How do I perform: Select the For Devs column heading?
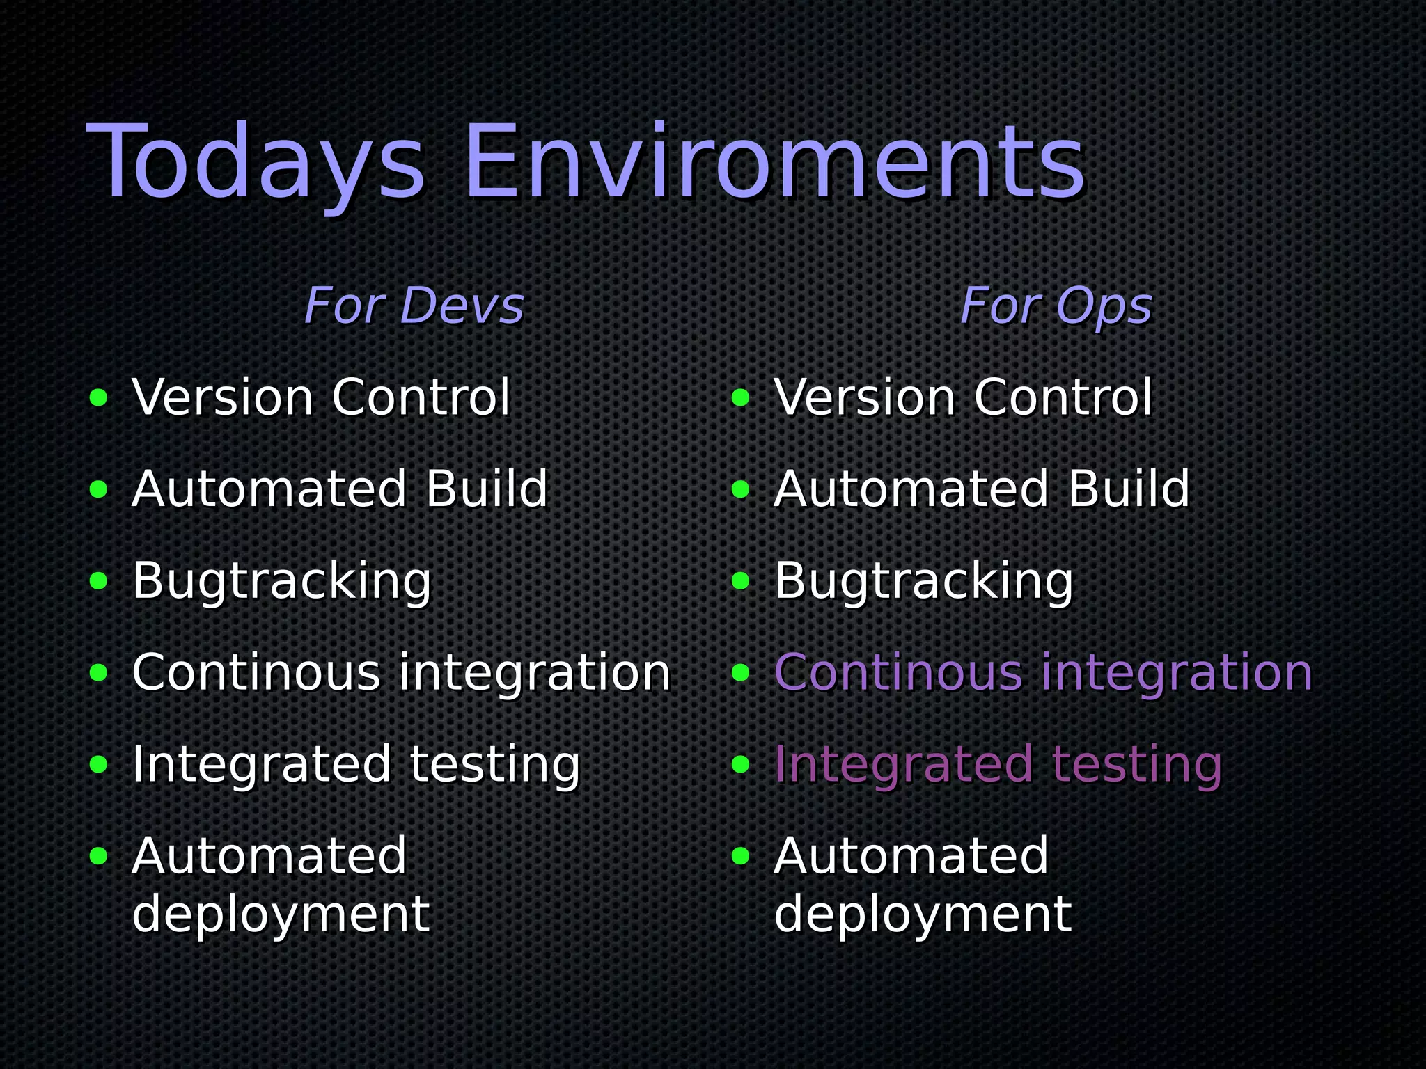[x=414, y=306]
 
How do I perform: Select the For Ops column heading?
[x=1056, y=306]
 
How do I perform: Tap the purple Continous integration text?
[x=1042, y=672]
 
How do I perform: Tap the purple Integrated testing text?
[x=998, y=764]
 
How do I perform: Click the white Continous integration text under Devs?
[x=401, y=672]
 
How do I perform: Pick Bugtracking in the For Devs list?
[x=282, y=580]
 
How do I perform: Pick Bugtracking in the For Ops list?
[x=924, y=580]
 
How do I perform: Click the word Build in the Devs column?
[x=487, y=489]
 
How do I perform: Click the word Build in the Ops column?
[x=1129, y=489]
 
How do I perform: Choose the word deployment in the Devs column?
[x=281, y=914]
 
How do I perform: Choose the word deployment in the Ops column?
[x=923, y=914]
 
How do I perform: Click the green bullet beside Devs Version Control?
[x=99, y=398]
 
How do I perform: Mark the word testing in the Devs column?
[x=494, y=764]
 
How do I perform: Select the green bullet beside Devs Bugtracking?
[x=99, y=581]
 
